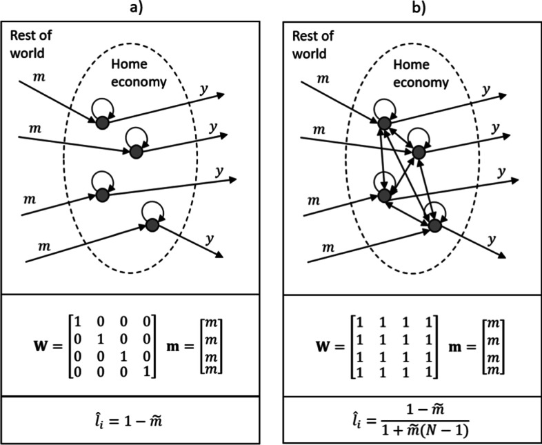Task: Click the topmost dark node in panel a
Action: coord(101,122)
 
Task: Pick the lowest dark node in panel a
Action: coord(152,224)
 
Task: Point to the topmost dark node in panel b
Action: coord(383,122)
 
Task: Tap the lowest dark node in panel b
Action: coord(434,224)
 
